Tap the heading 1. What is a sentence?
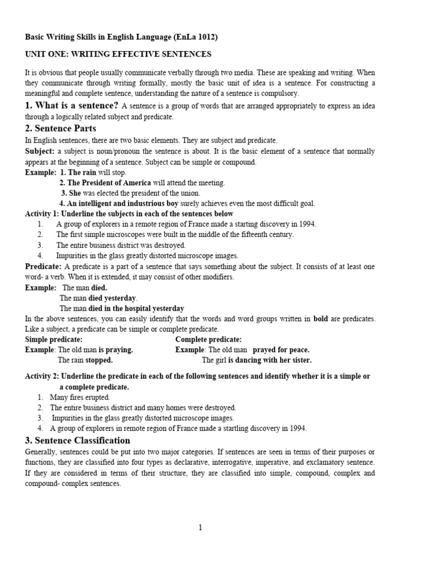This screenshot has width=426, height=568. coord(72,106)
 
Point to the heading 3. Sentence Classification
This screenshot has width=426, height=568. coord(78,440)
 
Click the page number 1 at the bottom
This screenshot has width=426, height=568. coord(200,528)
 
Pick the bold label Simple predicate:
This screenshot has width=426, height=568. coord(54,339)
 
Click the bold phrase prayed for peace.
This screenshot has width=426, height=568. coord(281,350)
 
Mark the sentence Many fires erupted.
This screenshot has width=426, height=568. coord(80,397)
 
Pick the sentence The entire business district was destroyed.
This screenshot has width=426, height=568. coord(121,245)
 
